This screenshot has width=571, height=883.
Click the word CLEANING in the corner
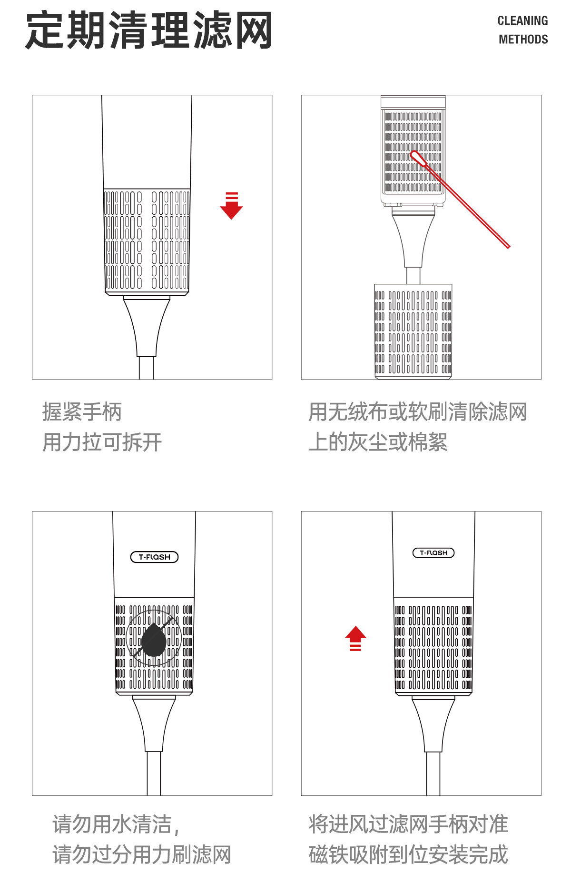click(522, 21)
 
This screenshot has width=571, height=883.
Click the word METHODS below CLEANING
click(523, 40)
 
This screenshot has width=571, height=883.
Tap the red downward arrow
click(231, 206)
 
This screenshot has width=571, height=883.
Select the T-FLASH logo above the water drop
click(154, 557)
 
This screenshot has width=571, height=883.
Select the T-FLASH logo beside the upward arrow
click(433, 552)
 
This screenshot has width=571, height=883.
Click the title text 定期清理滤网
click(148, 31)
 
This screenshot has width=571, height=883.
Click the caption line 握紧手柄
click(82, 412)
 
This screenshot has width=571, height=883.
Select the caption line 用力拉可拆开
click(102, 442)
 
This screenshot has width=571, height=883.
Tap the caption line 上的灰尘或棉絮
click(377, 442)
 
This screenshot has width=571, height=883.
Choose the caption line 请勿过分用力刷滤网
click(141, 854)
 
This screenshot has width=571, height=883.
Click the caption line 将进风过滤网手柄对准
click(408, 824)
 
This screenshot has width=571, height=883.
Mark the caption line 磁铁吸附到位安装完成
click(408, 854)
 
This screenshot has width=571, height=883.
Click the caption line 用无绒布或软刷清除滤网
click(417, 412)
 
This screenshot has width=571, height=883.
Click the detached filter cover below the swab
click(413, 331)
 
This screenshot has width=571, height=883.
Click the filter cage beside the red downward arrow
click(147, 241)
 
